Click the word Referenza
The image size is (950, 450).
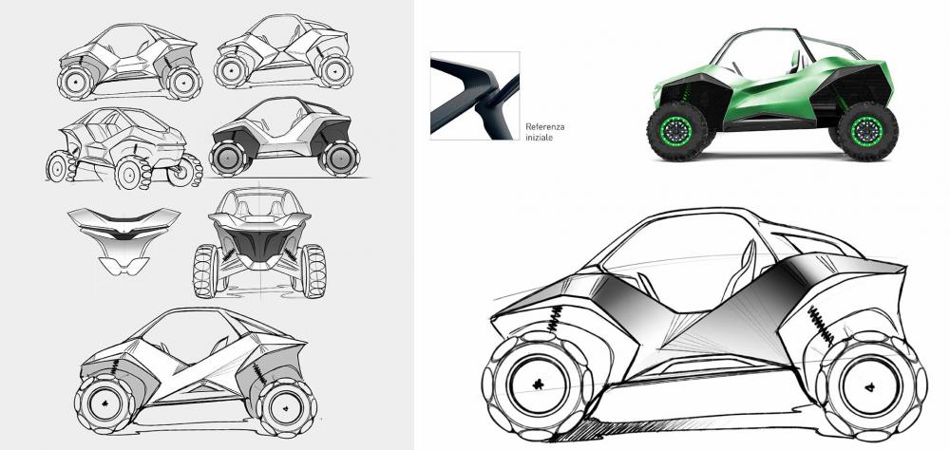(x=544, y=127)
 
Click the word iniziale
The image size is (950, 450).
(x=539, y=138)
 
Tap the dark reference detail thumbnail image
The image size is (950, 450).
(x=475, y=96)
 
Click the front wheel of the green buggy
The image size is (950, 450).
(x=677, y=131)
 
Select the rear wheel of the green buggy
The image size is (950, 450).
(x=867, y=131)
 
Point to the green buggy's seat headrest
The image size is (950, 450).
(x=795, y=61)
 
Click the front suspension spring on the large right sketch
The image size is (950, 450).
(x=556, y=319)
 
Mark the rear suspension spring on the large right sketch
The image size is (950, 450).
(x=821, y=327)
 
